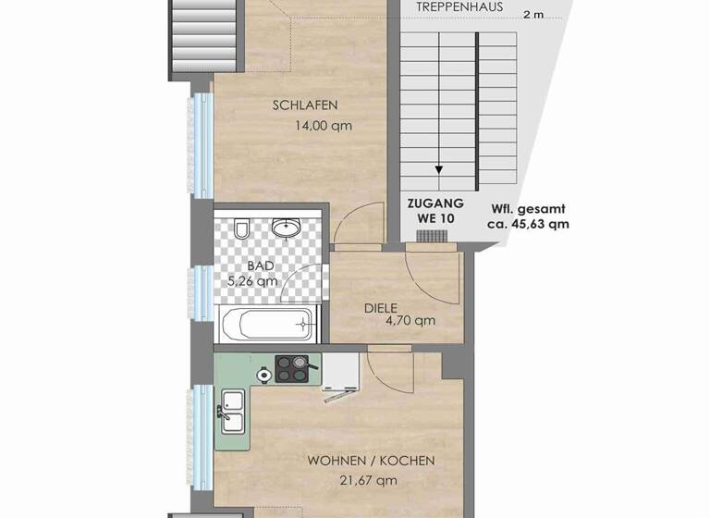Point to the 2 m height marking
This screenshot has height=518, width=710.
point(532,15)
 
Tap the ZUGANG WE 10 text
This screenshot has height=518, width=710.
point(435,210)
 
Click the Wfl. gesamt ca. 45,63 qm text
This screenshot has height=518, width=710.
point(529,216)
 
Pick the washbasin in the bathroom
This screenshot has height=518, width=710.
point(286,227)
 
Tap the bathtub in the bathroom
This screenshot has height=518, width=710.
point(270,325)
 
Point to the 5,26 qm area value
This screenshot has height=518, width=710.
point(252,281)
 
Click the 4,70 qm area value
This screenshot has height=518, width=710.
point(411,321)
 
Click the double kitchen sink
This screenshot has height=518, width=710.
point(232,412)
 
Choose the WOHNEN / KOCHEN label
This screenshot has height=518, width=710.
point(372,461)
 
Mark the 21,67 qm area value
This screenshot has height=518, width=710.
point(366,480)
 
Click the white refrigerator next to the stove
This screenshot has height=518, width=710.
point(339,370)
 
